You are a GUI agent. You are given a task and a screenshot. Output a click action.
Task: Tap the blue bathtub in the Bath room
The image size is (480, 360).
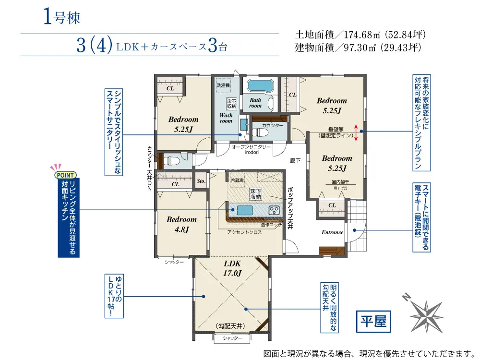[260, 86]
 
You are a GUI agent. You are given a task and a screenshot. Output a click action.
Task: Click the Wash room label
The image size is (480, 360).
[226, 118]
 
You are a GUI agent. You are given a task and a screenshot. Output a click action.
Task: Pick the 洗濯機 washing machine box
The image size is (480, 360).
[223, 85]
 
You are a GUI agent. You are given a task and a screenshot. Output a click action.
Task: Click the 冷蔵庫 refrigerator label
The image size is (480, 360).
[237, 180]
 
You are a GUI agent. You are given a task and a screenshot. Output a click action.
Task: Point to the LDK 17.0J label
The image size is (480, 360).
[232, 269]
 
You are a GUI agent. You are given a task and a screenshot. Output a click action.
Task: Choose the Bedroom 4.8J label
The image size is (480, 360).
[182, 224]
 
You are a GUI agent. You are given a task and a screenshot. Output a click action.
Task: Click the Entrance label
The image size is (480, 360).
[332, 232]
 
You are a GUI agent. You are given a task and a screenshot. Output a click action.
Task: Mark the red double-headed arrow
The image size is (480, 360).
[356, 132]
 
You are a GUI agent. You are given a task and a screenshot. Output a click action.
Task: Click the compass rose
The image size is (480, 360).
[427, 315]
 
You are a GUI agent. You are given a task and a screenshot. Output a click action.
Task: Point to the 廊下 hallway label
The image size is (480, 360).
[296, 161]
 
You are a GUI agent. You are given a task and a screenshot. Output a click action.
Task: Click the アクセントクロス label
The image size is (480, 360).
[244, 232]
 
